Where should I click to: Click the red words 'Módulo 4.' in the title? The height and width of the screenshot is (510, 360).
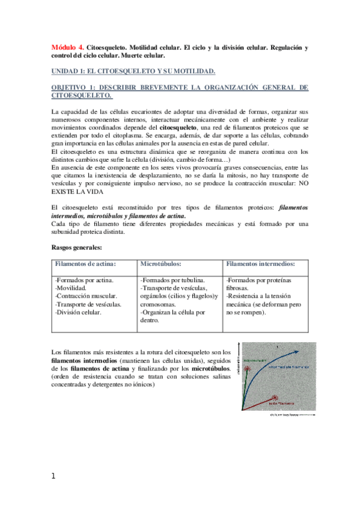pyautogui.click(x=67, y=46)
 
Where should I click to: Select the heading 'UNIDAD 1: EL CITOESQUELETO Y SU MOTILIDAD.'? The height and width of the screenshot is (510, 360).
pyautogui.click(x=133, y=72)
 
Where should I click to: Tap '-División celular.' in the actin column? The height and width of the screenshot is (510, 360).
pyautogui.click(x=78, y=312)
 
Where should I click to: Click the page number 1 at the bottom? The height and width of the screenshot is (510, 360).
pyautogui.click(x=53, y=476)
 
